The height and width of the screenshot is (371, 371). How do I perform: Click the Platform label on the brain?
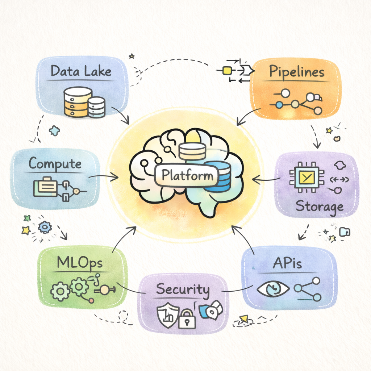coord(187,175)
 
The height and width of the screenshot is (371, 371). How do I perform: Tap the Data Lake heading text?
coord(81,71)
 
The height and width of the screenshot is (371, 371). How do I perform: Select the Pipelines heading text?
coord(297,71)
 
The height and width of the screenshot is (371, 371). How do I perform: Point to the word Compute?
coord(55,164)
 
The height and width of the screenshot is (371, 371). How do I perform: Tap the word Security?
coord(183,289)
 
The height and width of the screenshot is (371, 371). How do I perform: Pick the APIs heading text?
coord(287,263)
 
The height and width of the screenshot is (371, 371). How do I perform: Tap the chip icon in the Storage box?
coord(307,177)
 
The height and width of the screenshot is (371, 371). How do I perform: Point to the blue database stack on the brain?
coord(217,176)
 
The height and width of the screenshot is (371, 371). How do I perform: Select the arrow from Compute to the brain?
coord(103,176)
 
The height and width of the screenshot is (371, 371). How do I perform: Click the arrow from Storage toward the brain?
coord(266,180)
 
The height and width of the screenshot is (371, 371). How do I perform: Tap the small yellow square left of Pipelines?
coord(226,71)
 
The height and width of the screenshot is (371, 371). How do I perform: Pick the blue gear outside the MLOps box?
coord(45,227)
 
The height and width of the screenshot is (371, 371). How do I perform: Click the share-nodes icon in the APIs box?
coord(307,289)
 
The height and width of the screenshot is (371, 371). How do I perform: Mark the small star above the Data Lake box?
coord(132,56)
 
